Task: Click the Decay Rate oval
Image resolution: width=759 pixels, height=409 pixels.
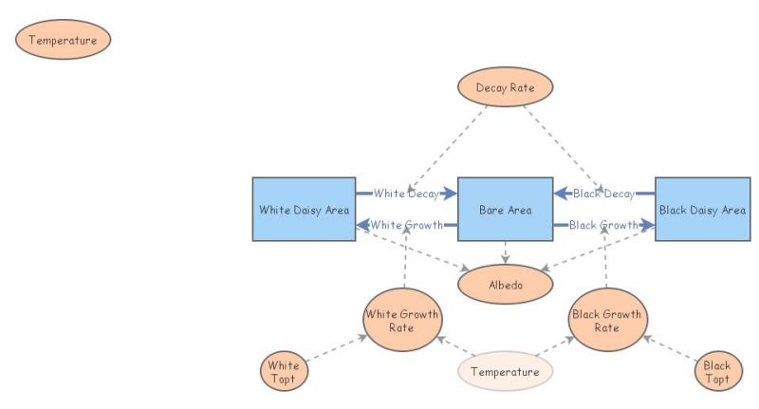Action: [505, 88]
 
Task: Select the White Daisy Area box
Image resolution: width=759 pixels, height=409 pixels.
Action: [305, 209]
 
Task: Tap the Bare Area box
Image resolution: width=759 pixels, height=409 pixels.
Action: [505, 209]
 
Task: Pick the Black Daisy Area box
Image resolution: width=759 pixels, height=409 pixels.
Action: [702, 209]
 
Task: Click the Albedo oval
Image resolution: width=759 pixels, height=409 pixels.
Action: [505, 284]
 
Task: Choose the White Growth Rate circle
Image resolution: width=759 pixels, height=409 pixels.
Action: [402, 321]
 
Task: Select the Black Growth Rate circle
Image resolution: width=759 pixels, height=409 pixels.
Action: [606, 321]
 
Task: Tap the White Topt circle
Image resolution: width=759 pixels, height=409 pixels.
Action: [284, 372]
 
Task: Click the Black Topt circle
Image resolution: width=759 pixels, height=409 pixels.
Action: [716, 372]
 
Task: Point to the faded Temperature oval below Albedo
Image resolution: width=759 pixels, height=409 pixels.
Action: [505, 372]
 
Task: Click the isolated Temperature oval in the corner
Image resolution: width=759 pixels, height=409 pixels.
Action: [64, 40]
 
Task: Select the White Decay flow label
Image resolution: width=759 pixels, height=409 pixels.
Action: [406, 194]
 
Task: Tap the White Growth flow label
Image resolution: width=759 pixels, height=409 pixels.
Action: [406, 225]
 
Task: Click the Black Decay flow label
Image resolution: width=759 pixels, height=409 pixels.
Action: [603, 194]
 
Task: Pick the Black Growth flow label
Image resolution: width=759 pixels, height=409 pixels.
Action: [603, 225]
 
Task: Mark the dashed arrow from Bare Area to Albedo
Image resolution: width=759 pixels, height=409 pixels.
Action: [505, 251]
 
